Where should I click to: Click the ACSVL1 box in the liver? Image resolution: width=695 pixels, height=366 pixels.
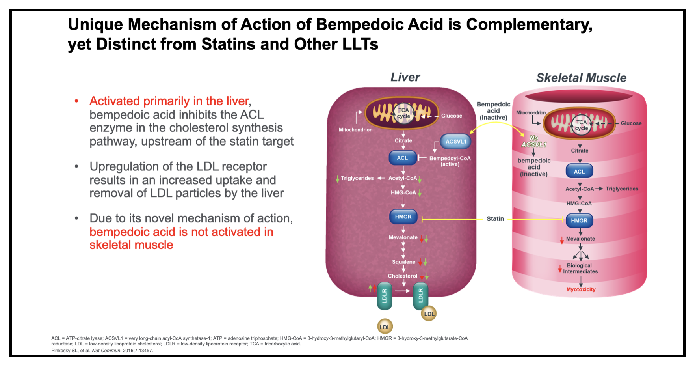pos(455,142)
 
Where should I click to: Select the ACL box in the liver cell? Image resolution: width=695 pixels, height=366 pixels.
pos(402,158)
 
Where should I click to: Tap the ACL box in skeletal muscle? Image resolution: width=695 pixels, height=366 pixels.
pos(579,172)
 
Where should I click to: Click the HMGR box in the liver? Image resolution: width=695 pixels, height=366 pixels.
pos(403,217)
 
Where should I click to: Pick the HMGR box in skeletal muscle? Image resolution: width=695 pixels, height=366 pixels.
pos(579,221)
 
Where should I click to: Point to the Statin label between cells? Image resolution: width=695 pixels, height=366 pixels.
pos(495,219)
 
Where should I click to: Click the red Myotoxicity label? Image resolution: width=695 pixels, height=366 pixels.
pos(581,289)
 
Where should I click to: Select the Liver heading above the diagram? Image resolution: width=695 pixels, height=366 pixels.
pos(405,77)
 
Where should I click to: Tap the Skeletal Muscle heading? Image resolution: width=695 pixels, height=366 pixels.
pos(581,78)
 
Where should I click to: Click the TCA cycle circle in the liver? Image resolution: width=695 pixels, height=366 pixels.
pos(403,113)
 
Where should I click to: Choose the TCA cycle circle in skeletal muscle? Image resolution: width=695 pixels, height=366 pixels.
pos(582,125)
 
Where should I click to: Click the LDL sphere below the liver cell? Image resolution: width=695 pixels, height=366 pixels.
pos(385,327)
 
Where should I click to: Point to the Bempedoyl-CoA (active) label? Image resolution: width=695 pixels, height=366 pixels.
pos(450,161)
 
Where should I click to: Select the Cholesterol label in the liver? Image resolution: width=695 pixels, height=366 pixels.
pos(402,276)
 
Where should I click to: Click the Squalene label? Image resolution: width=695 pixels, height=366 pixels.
pos(403,262)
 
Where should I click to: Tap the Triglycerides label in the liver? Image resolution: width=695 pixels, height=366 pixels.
pos(357,178)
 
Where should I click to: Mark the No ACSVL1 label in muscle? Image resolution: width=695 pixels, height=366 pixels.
pos(534,141)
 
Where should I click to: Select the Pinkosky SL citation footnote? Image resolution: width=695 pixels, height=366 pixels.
pos(102,351)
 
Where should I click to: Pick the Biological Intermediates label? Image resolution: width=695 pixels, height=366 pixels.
pos(580,269)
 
